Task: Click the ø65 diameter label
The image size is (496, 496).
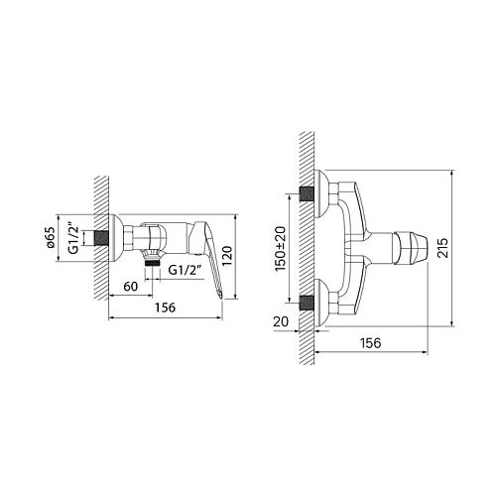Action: pyautogui.click(x=51, y=238)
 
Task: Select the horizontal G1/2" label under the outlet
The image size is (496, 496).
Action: pyautogui.click(x=185, y=270)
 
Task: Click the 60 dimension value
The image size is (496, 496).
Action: pyautogui.click(x=131, y=287)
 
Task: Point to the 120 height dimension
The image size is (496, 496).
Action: pyautogui.click(x=228, y=256)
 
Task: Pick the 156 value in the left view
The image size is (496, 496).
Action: pyautogui.click(x=166, y=308)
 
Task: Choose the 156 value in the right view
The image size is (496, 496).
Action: pyautogui.click(x=371, y=343)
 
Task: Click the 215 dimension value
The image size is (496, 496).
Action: pyautogui.click(x=442, y=248)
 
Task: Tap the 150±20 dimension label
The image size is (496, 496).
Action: pyautogui.click(x=281, y=248)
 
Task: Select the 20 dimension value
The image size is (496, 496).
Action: pyautogui.click(x=281, y=321)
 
